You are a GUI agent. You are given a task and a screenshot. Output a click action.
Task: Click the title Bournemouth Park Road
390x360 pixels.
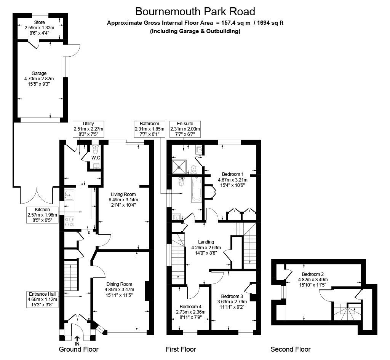[x=195, y=11]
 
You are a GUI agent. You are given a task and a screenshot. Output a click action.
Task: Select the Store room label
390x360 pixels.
[x=39, y=28]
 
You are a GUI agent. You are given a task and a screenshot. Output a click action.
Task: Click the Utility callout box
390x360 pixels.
[x=88, y=129]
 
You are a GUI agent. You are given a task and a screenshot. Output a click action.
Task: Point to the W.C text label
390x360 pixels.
[x=96, y=158]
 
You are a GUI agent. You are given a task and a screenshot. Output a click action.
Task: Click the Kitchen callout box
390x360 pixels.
[x=42, y=215]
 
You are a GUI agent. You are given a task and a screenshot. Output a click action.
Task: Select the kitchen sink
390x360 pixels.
[x=69, y=195]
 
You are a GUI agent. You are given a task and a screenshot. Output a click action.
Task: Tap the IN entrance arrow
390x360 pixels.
[x=77, y=338]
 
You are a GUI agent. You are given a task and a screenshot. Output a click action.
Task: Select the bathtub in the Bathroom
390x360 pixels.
[x=197, y=189]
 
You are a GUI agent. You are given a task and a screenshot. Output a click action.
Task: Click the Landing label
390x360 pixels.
[x=206, y=247]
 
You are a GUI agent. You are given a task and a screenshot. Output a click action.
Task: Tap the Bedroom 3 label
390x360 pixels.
[x=232, y=301]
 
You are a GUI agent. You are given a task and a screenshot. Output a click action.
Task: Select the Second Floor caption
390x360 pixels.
[x=290, y=349]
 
